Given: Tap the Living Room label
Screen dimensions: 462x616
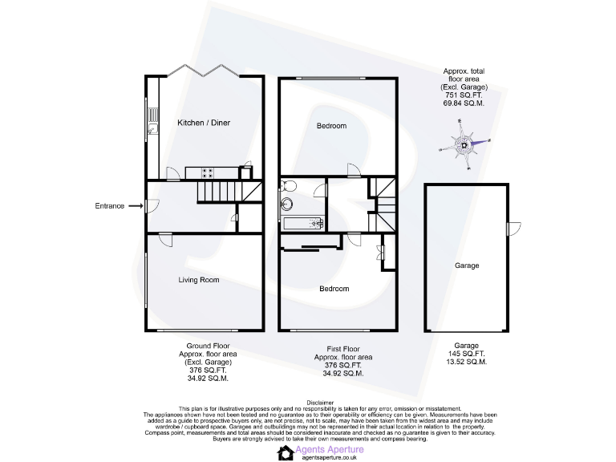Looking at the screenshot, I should point(198,280).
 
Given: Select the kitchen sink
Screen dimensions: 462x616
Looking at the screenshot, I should point(151,128).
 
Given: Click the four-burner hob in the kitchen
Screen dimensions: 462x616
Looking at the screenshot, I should point(208,172).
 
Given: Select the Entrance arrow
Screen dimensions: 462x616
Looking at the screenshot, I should point(136,206).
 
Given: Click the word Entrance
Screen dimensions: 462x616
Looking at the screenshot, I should point(109,206).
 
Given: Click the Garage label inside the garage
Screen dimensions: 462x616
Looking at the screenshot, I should point(467,265).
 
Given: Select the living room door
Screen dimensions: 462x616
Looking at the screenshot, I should point(164,240).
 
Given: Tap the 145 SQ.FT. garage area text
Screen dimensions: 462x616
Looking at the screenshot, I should point(467,353).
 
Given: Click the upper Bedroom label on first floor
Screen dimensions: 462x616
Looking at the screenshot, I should point(331,126).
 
